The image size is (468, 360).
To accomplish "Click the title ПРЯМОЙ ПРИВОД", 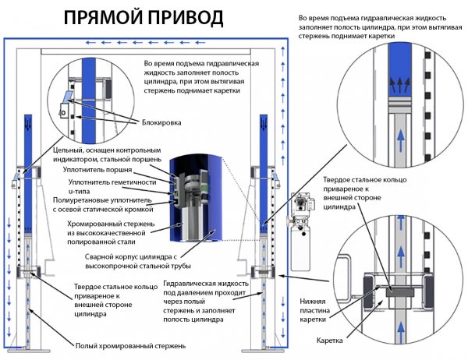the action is pos(144,18).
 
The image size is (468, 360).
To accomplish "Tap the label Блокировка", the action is pos(161,122).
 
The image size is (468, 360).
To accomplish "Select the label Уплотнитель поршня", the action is pos(97,170).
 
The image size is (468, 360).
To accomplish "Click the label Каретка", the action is pos(329,341).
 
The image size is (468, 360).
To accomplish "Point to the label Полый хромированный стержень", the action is pos(130,346).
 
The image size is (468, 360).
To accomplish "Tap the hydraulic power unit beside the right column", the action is pos(301,231).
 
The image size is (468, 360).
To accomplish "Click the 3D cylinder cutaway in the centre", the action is pos(196,199).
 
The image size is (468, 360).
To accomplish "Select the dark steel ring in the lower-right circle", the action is pos(400,292).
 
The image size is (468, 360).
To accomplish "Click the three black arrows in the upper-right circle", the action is pos(401,84).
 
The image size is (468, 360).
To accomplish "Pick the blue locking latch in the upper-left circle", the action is pos(67,96).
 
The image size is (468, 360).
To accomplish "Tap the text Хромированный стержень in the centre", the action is pos(111,224).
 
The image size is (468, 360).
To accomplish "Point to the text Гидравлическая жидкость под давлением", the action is pos(206,288).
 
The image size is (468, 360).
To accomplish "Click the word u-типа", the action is pos(79,192).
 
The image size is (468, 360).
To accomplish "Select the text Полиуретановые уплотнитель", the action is pos(102,200).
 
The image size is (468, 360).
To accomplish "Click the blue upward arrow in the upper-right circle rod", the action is pos(401,140).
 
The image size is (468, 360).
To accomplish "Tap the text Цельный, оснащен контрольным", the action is pos(107,150).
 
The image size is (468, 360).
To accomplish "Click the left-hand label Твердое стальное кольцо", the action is pos(115,287).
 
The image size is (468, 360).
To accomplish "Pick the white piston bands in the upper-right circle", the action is pos(401,104).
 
